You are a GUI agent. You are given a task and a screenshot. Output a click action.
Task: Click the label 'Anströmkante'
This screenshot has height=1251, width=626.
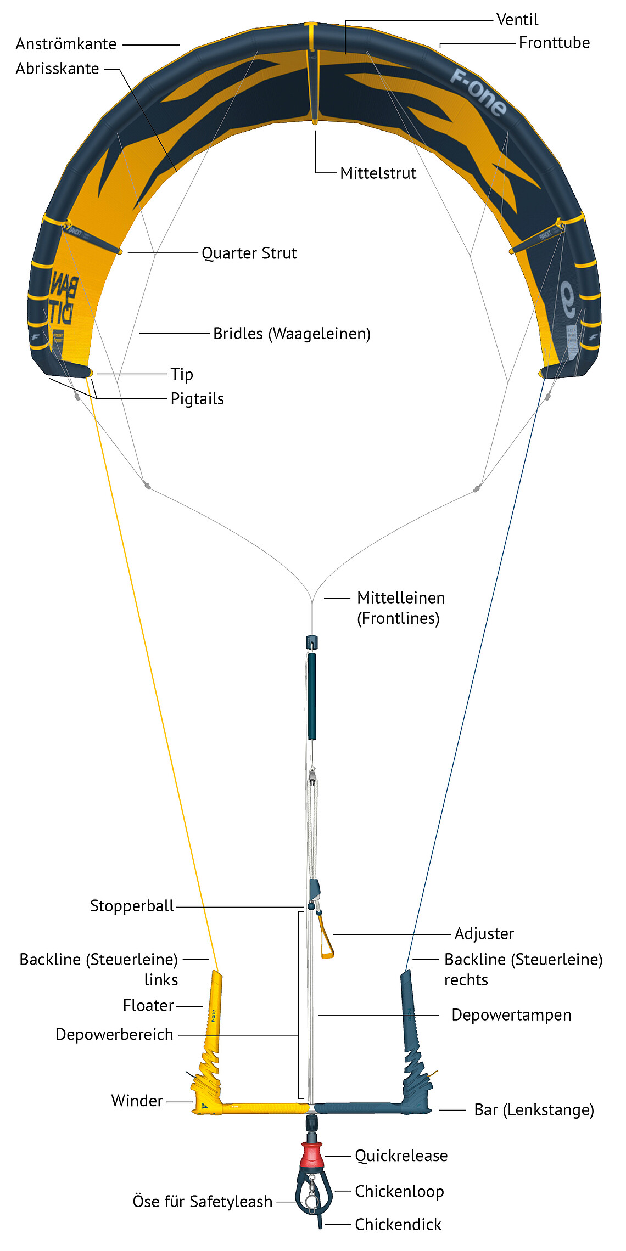(66, 44)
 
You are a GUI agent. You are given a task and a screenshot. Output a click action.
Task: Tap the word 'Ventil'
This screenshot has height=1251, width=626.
(517, 20)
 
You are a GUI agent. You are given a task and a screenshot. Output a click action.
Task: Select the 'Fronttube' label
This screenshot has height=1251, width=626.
(554, 43)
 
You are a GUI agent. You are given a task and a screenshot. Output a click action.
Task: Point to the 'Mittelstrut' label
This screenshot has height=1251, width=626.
(378, 173)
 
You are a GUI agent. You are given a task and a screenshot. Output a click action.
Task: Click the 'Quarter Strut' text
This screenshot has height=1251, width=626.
(249, 253)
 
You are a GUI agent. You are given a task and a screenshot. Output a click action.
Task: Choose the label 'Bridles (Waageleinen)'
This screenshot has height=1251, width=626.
(292, 334)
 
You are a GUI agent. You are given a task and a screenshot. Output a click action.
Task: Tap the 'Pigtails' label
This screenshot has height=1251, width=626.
(197, 399)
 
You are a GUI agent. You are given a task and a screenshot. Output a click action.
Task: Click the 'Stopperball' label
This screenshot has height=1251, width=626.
(132, 906)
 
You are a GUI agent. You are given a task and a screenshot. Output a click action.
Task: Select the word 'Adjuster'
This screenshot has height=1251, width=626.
(484, 933)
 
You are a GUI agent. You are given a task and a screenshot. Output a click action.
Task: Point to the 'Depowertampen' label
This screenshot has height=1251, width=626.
(511, 1015)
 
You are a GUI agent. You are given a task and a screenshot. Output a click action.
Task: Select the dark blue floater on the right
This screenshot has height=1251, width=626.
(409, 1010)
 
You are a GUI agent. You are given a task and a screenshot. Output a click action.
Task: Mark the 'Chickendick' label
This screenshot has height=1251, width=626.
(398, 1224)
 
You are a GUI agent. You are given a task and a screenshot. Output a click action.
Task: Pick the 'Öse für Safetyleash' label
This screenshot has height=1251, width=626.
(202, 1202)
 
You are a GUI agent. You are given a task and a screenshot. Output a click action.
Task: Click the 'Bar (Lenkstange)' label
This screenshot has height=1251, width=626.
(534, 1110)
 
